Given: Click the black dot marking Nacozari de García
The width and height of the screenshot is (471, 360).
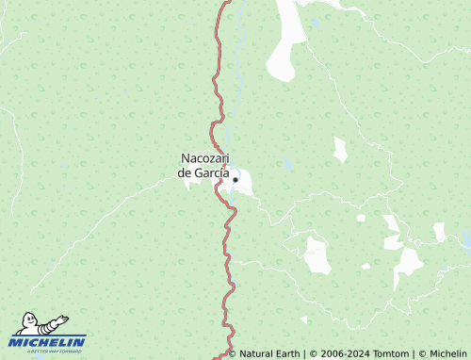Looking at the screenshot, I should [235, 179].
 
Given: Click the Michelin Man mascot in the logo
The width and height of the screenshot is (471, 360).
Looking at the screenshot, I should [38, 325].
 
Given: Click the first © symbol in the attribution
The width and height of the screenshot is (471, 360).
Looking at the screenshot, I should [233, 353].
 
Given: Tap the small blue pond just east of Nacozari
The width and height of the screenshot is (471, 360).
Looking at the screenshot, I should [286, 163].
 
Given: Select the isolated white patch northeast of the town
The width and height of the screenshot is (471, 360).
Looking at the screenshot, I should [339, 149].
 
